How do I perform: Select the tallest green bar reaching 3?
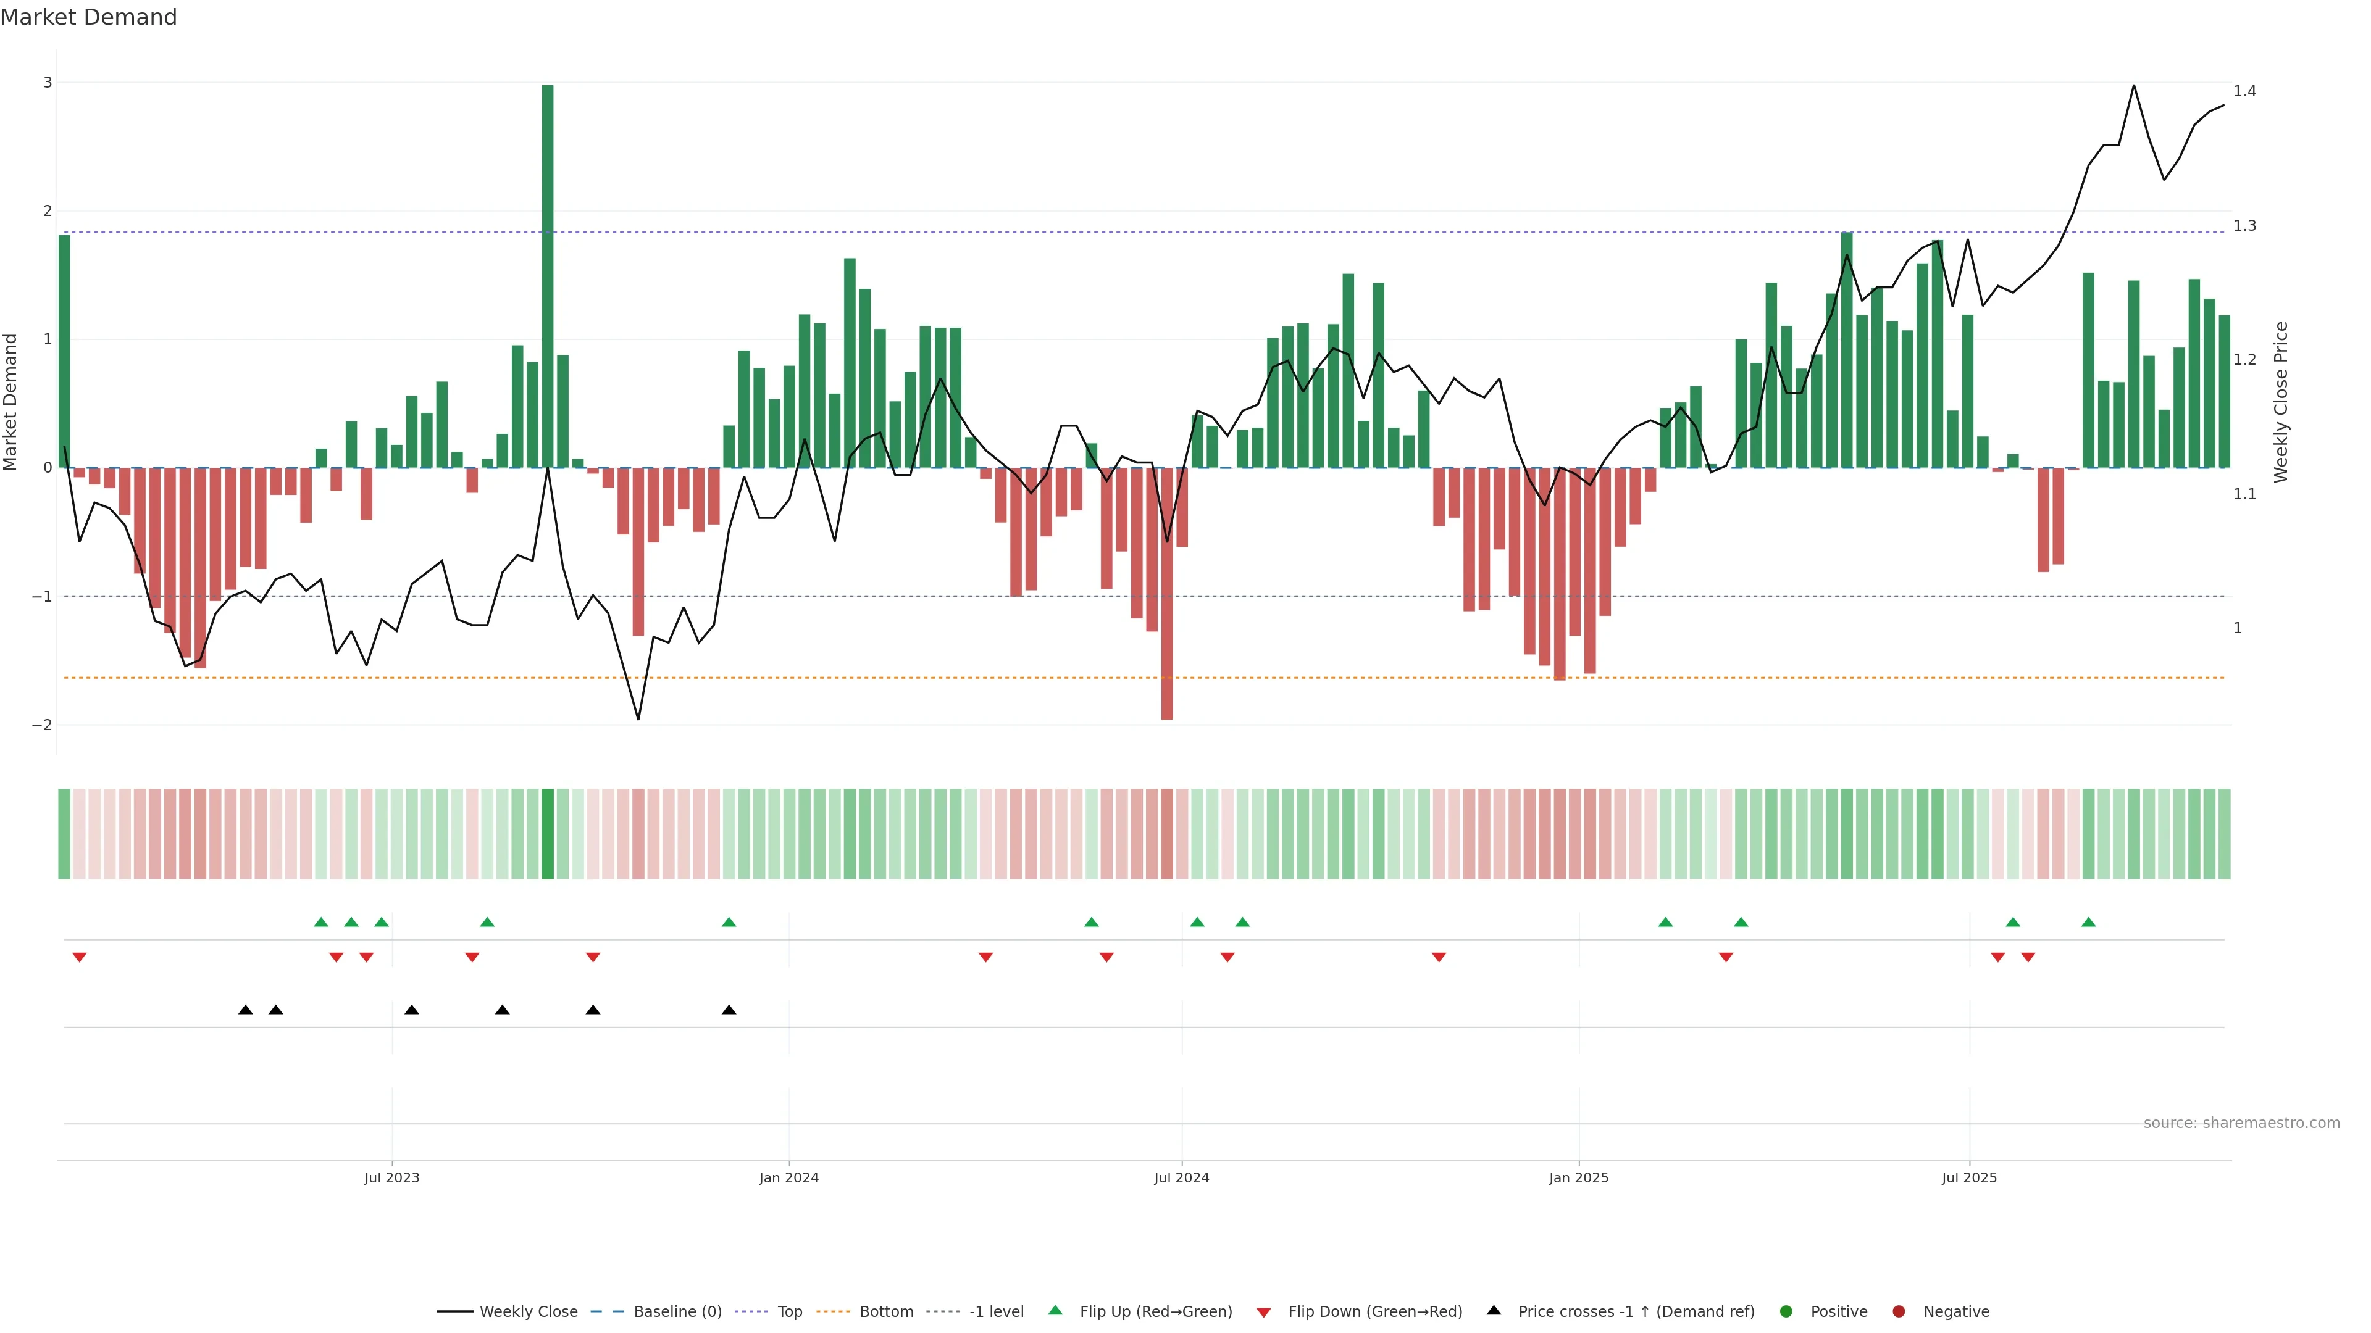pyautogui.click(x=548, y=276)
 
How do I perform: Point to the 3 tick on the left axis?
pyautogui.click(x=48, y=83)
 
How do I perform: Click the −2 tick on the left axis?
pyautogui.click(x=43, y=725)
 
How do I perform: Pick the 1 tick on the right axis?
pyautogui.click(x=2238, y=628)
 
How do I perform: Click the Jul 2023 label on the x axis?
pyautogui.click(x=391, y=1177)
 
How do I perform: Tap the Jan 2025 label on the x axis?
pyautogui.click(x=1579, y=1177)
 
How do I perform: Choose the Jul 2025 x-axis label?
pyautogui.click(x=1969, y=1177)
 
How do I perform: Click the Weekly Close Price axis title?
pyautogui.click(x=2281, y=402)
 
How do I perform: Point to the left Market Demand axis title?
pyautogui.click(x=11, y=402)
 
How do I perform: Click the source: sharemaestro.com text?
pyautogui.click(x=2241, y=1123)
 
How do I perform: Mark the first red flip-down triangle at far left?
pyautogui.click(x=79, y=958)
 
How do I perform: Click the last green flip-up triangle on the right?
pyautogui.click(x=2088, y=922)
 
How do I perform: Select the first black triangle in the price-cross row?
pyautogui.click(x=246, y=1010)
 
